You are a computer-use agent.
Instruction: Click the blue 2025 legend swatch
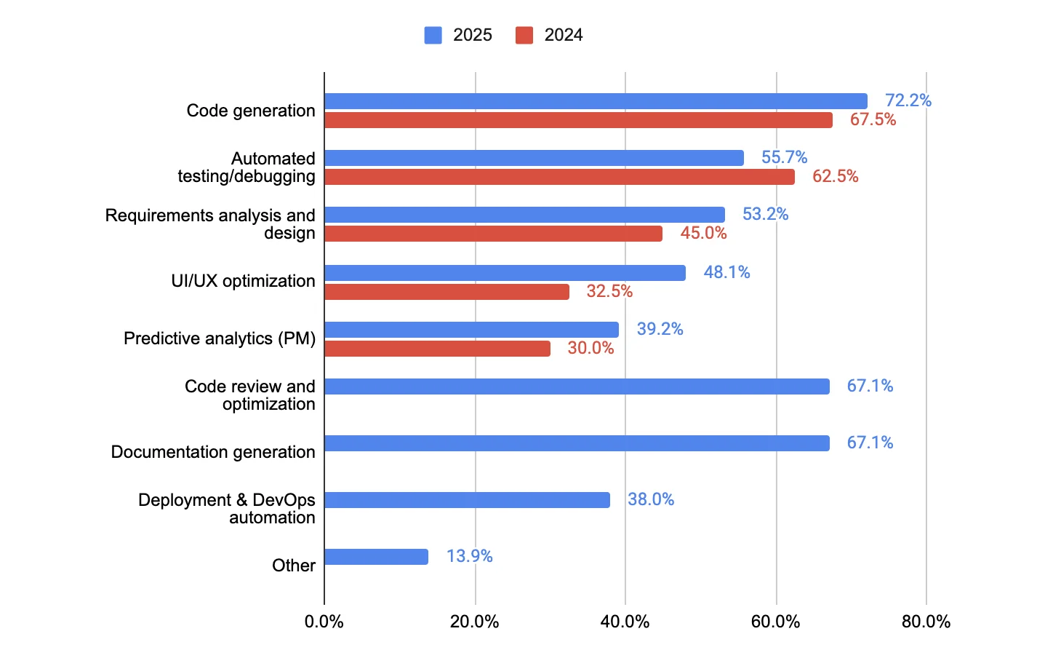tap(433, 35)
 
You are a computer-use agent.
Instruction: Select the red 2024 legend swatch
tap(524, 35)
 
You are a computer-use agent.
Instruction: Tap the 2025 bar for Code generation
tap(596, 101)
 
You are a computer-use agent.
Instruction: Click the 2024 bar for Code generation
tap(578, 120)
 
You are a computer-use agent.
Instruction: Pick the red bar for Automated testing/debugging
tap(559, 177)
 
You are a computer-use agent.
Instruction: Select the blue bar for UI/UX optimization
tap(505, 273)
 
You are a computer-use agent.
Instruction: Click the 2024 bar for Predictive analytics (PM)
tap(437, 349)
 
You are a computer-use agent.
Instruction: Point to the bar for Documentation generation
tap(577, 443)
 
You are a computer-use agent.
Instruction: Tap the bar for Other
tap(376, 557)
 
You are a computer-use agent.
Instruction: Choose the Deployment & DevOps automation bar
tap(467, 500)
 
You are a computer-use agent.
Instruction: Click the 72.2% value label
tap(908, 100)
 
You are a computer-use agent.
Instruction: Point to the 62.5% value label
tap(835, 176)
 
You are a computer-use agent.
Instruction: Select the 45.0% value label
tap(703, 233)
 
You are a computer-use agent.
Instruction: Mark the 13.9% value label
tap(469, 556)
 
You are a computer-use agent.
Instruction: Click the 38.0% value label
tap(651, 499)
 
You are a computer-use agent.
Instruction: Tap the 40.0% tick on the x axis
tap(625, 622)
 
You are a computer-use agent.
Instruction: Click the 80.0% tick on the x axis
tap(926, 622)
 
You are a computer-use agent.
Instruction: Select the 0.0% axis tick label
tap(324, 622)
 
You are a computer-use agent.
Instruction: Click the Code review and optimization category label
tap(249, 395)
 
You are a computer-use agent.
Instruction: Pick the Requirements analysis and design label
tap(210, 224)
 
